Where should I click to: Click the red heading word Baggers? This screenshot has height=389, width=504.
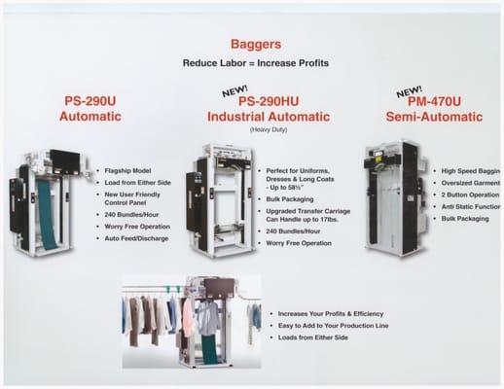point(255,44)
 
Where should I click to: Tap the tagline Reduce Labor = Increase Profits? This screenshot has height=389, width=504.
point(255,63)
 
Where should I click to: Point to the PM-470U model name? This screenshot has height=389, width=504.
point(435,101)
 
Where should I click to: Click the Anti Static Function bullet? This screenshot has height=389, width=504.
point(471,207)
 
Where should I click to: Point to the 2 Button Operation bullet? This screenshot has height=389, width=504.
point(471,194)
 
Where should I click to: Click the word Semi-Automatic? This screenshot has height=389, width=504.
point(435,117)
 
